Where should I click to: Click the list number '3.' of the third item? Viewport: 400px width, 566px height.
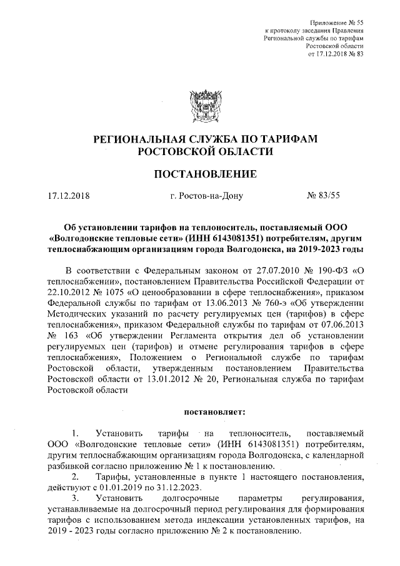pos(76,498)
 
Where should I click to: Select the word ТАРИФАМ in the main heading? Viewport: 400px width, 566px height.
pos(284,139)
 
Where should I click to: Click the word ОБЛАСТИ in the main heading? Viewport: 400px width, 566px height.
pos(244,152)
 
